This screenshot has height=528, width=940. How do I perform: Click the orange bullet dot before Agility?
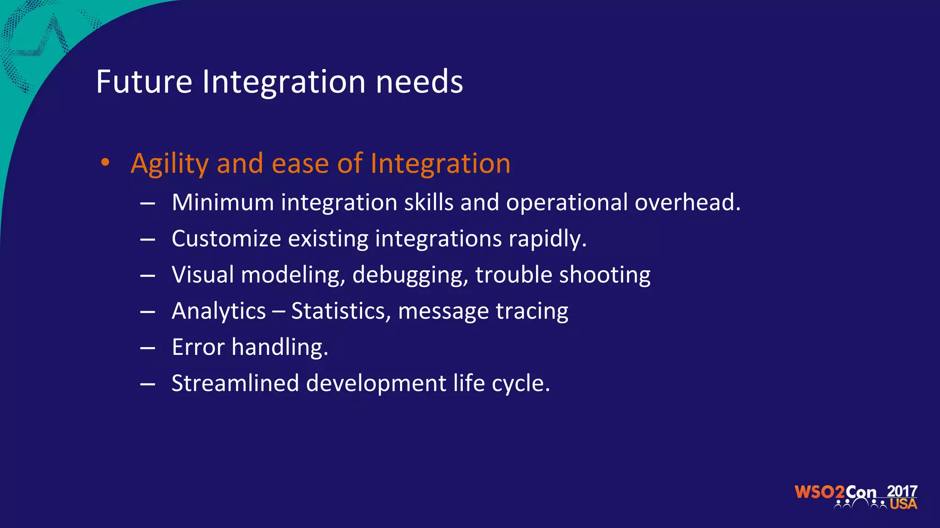[106, 162]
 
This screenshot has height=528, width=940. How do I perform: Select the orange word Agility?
[170, 164]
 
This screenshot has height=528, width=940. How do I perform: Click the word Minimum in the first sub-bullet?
[223, 202]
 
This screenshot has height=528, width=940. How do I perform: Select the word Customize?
[226, 238]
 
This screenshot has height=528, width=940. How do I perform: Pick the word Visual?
[203, 275]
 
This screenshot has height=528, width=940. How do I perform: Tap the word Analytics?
[218, 311]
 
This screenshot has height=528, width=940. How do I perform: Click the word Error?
[198, 347]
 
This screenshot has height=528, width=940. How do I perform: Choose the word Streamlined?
[235, 383]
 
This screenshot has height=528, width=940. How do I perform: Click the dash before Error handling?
[147, 348]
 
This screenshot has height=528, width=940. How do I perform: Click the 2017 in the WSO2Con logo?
[901, 491]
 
